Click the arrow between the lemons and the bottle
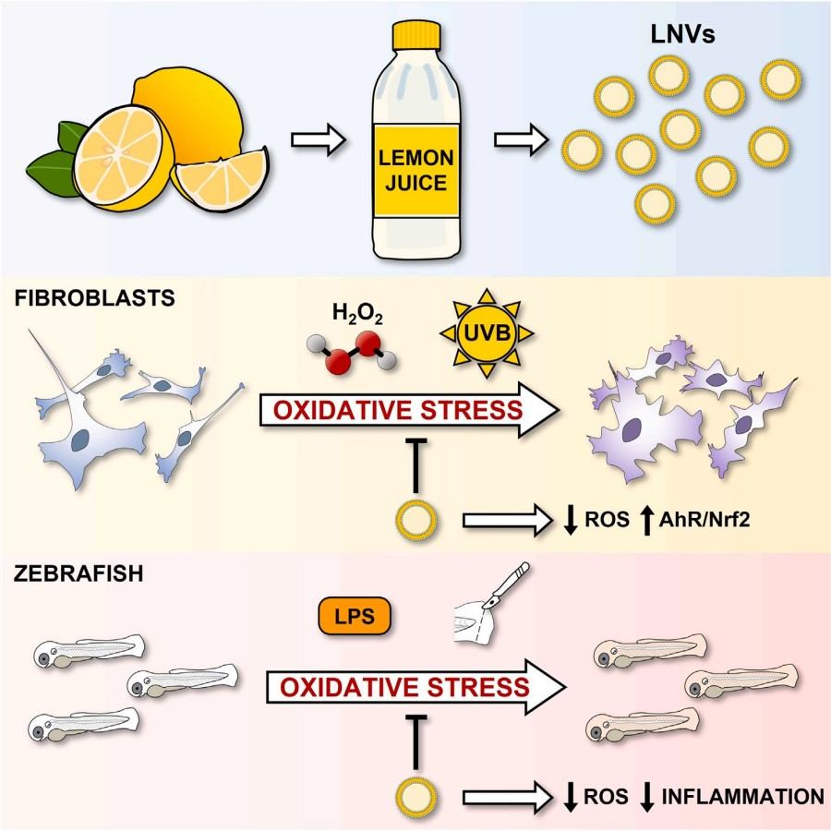(318, 141)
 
